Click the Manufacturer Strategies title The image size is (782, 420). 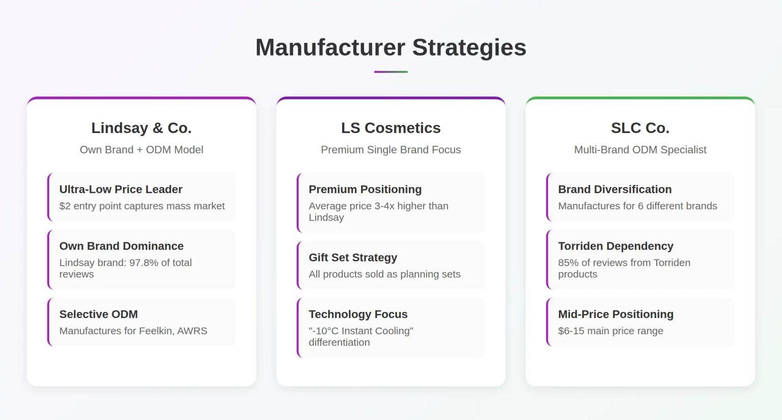click(390, 47)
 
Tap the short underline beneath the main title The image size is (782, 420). click(390, 72)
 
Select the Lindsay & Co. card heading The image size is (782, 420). click(142, 128)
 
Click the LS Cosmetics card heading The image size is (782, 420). click(390, 128)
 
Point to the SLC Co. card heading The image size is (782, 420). click(640, 128)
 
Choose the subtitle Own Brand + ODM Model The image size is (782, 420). click(142, 150)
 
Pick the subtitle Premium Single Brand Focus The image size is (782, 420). click(390, 150)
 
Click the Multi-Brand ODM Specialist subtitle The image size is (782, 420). click(640, 150)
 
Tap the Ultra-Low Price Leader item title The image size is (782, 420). click(121, 190)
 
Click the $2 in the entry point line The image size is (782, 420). click(65, 206)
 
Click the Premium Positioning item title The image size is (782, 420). click(365, 190)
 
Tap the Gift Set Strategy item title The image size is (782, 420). click(353, 258)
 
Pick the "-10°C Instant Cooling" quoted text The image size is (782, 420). click(361, 331)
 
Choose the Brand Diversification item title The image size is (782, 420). click(615, 190)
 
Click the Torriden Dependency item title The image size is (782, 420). click(616, 246)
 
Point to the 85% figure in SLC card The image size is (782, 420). click(568, 263)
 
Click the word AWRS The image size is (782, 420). click(192, 331)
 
